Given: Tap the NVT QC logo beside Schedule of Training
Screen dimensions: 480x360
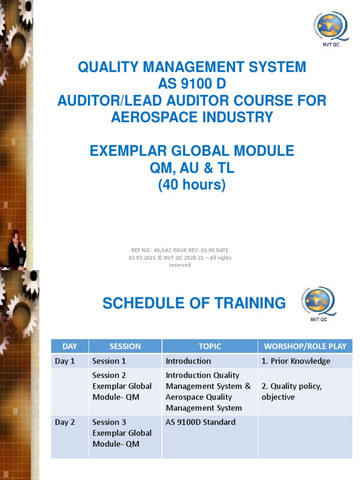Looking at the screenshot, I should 319,304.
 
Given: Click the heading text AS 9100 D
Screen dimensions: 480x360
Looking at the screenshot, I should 192,84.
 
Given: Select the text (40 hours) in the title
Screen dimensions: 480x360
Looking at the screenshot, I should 192,185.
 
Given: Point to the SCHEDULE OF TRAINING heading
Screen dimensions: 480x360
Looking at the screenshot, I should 194,303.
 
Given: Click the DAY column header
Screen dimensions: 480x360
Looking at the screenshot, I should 70,346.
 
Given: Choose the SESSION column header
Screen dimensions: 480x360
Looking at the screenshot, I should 125,346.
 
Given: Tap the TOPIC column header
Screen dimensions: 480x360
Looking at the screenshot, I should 210,346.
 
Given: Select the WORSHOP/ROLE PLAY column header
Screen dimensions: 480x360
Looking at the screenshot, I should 305,346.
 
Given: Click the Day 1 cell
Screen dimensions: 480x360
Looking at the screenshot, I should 65,361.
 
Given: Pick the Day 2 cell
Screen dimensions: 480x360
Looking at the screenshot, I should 65,422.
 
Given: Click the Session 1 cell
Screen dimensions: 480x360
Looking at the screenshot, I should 109,361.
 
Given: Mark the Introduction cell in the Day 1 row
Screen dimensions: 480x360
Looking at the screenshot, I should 188,361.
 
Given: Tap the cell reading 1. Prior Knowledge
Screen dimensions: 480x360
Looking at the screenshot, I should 296,361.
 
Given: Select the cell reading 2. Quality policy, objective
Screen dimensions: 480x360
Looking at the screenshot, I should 292,391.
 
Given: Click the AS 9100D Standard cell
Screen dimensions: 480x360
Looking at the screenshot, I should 201,422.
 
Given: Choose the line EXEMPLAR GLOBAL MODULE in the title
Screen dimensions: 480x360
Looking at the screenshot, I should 192,151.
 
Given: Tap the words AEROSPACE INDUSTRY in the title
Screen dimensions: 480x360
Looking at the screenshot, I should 192,117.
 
